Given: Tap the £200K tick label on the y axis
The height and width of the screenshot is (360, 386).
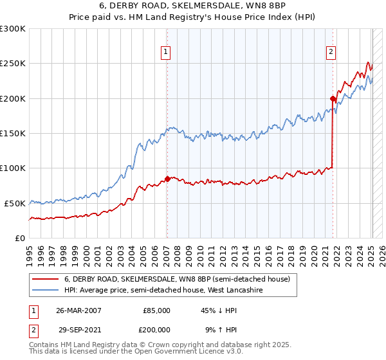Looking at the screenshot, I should [x=13, y=98].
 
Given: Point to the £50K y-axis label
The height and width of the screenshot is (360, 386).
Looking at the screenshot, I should [x=15, y=203].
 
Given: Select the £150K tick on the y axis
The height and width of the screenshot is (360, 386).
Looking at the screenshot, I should [x=13, y=133].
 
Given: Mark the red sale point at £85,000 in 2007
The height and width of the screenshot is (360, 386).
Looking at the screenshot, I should [x=167, y=179].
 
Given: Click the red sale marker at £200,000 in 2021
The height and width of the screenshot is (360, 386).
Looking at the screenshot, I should [x=333, y=98].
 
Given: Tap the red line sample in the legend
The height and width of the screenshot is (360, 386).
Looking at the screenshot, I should [x=45, y=280].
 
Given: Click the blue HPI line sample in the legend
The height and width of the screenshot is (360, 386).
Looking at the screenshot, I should [x=45, y=290].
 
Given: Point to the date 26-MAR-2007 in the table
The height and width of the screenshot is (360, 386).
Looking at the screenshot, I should [x=78, y=310].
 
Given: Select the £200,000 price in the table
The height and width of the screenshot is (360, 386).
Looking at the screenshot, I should [x=156, y=328].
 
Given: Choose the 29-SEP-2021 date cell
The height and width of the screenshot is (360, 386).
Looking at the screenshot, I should [x=78, y=328].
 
